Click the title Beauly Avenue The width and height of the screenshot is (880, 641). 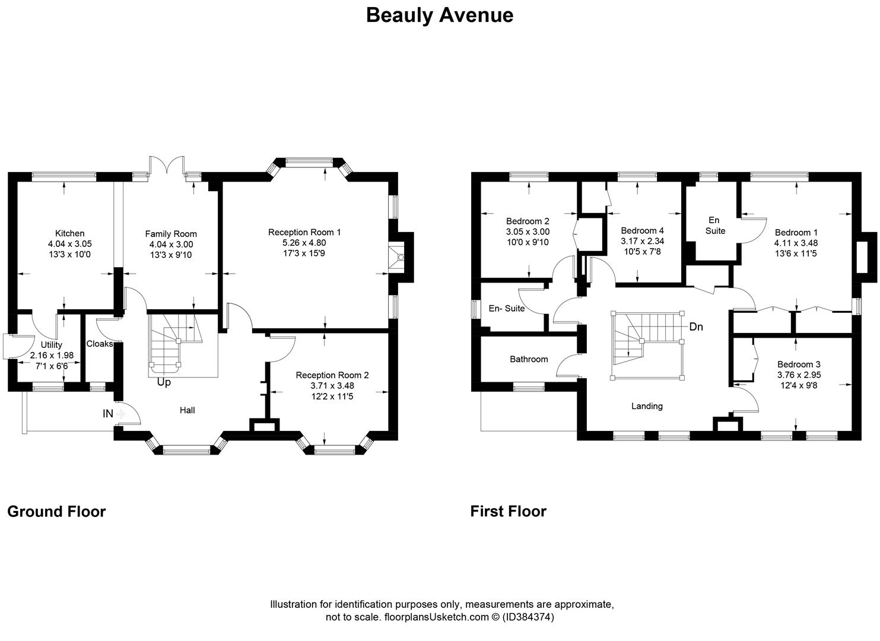(x=439, y=15)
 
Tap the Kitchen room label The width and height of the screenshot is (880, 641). (x=70, y=233)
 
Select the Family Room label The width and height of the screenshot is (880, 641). (x=171, y=234)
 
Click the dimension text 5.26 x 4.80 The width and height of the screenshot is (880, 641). (x=304, y=243)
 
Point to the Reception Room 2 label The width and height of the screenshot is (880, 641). (x=332, y=375)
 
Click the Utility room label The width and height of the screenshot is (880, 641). (x=52, y=345)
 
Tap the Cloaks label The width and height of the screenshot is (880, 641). (x=100, y=344)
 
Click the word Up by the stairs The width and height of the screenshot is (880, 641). (x=164, y=383)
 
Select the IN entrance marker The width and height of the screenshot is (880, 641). (x=108, y=414)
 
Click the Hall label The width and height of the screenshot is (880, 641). (x=188, y=410)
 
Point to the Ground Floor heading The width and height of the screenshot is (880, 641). (x=56, y=512)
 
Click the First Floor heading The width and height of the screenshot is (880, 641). (x=509, y=511)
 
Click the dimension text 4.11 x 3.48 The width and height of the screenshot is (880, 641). (x=796, y=243)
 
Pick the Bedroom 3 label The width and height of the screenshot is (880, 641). (x=799, y=364)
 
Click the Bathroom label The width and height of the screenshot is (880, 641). (x=529, y=359)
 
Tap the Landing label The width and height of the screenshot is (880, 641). (x=647, y=406)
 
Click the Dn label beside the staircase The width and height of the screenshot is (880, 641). (x=696, y=326)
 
